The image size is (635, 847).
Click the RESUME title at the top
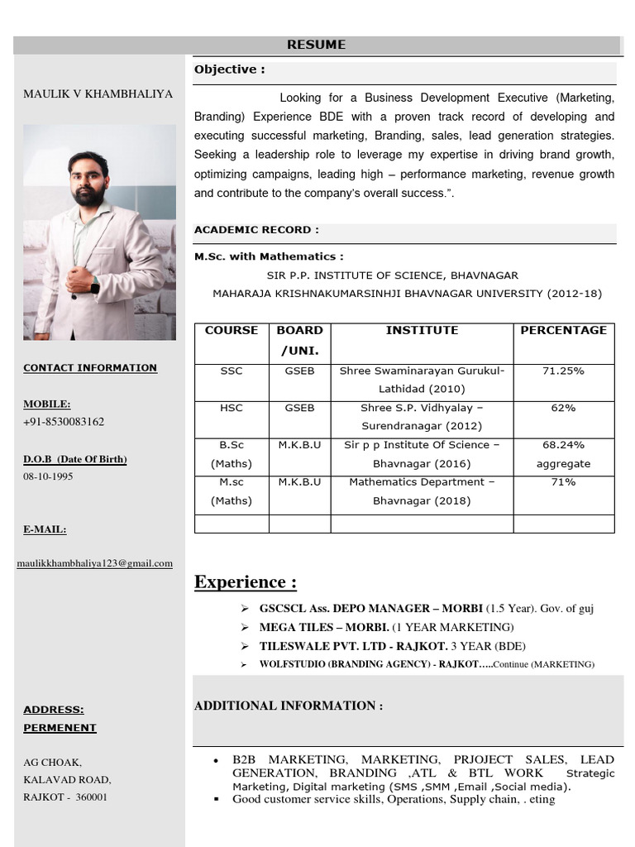(316, 45)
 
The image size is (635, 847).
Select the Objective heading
(229, 69)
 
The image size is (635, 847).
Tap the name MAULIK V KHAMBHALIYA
(98, 94)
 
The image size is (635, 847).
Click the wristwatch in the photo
(95, 285)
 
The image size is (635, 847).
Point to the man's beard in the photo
(88, 195)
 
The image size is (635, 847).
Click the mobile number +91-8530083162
(64, 422)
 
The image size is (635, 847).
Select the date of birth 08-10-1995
(48, 476)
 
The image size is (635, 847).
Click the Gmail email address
(95, 563)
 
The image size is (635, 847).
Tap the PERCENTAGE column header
(563, 330)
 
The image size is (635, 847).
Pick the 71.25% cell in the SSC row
(563, 371)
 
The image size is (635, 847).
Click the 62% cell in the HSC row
(563, 409)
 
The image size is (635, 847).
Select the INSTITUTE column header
(422, 330)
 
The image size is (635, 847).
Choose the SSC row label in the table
(232, 371)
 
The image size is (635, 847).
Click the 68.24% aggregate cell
(563, 454)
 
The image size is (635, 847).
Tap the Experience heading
(246, 582)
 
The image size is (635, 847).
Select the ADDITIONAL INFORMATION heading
(288, 706)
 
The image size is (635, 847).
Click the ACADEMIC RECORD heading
(256, 230)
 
